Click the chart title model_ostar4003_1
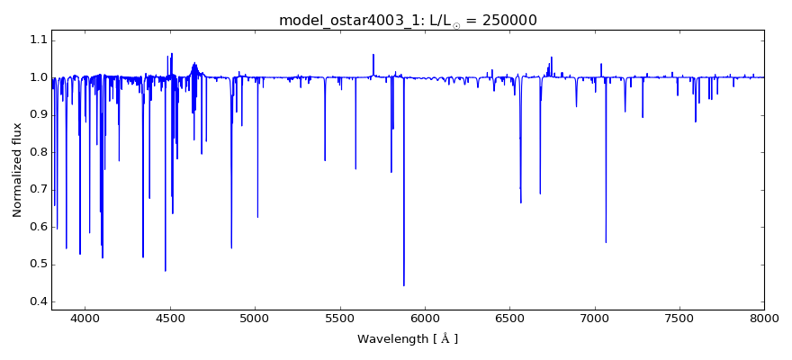[x=338, y=20]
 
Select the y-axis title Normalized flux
[x=18, y=170]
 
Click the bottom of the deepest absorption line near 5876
[x=404, y=285]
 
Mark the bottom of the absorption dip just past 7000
[x=606, y=242]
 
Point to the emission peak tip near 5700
[x=373, y=55]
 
